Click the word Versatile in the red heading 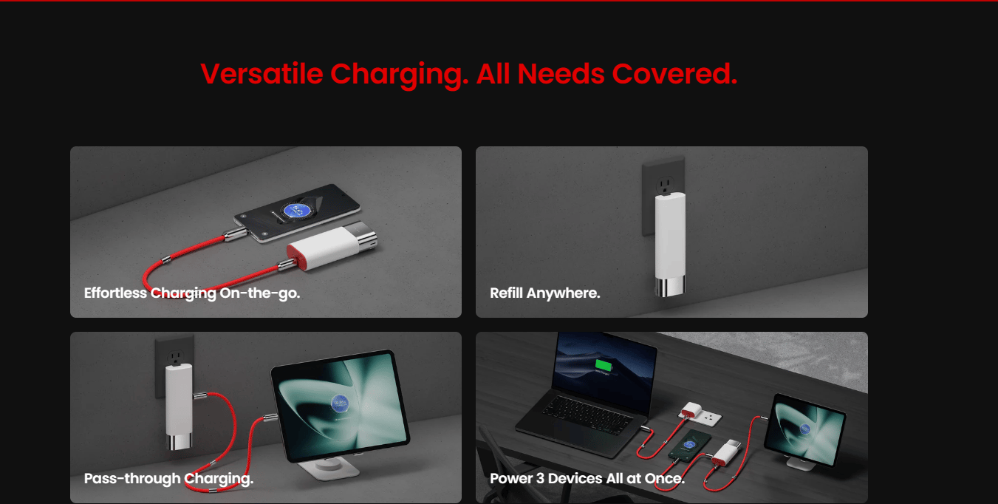click(262, 73)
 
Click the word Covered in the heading click(674, 73)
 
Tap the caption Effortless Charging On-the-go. click(192, 293)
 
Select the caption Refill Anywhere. click(545, 293)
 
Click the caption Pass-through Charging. click(169, 479)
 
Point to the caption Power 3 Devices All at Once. click(587, 479)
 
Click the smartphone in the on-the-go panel click(297, 213)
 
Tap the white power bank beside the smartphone click(332, 245)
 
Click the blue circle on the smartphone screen click(296, 209)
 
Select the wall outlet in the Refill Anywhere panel click(663, 195)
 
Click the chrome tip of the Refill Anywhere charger click(669, 286)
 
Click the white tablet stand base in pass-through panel click(329, 470)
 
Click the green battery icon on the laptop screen click(604, 365)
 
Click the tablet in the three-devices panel click(804, 430)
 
